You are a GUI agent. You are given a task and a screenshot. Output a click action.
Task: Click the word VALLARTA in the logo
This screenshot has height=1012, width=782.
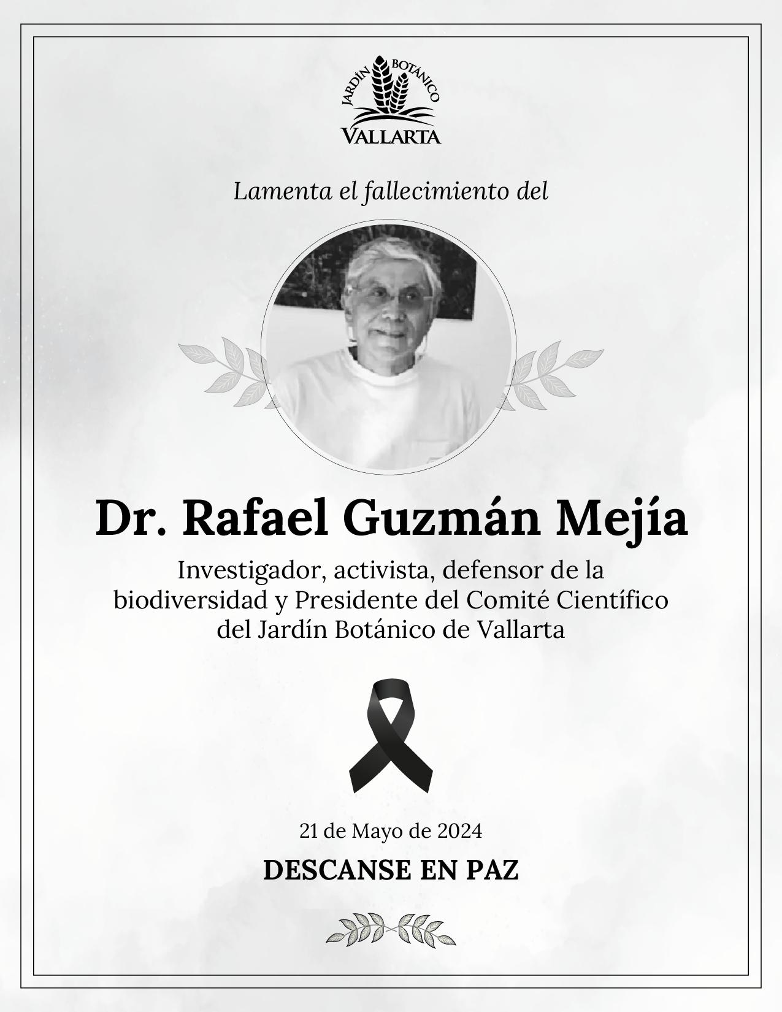click(x=391, y=135)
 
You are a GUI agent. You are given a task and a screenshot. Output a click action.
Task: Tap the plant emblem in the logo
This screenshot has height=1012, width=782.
click(x=391, y=89)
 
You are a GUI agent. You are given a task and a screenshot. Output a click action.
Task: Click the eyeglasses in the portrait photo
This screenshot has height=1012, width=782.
click(x=388, y=297)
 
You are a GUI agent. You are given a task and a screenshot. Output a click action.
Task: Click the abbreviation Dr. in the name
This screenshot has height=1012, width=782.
click(x=131, y=518)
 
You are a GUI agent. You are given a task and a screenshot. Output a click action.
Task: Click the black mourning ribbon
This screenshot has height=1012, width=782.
click(x=391, y=736)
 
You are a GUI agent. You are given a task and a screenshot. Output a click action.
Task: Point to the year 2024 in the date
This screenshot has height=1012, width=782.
click(x=459, y=832)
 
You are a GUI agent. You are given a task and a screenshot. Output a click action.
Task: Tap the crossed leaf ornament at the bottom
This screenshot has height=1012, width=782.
click(x=391, y=930)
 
